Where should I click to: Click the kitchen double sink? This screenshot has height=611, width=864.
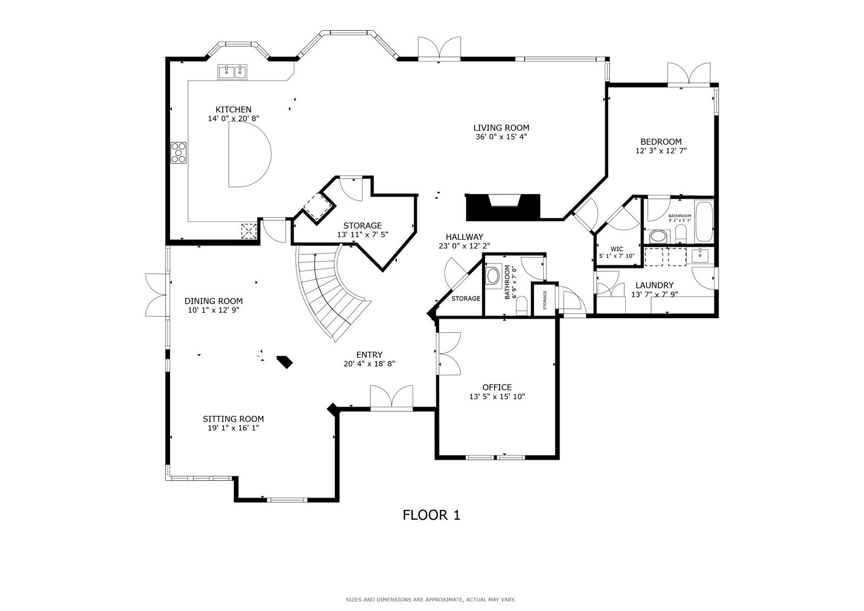pyautogui.click(x=232, y=72)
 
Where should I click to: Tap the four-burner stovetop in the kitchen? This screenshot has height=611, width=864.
pyautogui.click(x=179, y=153)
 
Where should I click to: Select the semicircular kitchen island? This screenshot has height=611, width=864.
pyautogui.click(x=249, y=155)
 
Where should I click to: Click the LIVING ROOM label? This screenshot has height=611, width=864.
pyautogui.click(x=501, y=127)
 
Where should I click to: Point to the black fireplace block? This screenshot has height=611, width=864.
pyautogui.click(x=503, y=207)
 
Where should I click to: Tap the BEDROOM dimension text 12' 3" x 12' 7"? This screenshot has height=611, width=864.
pyautogui.click(x=661, y=151)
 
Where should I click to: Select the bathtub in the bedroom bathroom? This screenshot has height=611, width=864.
pyautogui.click(x=704, y=221)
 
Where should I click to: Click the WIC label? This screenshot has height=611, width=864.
pyautogui.click(x=617, y=249)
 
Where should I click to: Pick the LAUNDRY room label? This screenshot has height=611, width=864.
pyautogui.click(x=654, y=285)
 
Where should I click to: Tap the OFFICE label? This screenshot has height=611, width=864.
pyautogui.click(x=497, y=387)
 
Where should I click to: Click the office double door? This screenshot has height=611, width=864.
pyautogui.click(x=448, y=353)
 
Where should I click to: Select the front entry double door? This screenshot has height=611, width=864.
pyautogui.click(x=391, y=397)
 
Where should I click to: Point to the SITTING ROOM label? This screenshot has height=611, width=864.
pyautogui.click(x=233, y=419)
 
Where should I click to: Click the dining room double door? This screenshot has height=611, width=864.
pyautogui.click(x=156, y=295)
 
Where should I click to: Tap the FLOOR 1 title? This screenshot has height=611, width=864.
pyautogui.click(x=431, y=515)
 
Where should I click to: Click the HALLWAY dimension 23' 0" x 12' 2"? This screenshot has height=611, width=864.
pyautogui.click(x=464, y=246)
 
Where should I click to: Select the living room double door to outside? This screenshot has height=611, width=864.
pyautogui.click(x=440, y=49)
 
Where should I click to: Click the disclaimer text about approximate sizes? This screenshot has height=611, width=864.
pyautogui.click(x=430, y=600)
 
